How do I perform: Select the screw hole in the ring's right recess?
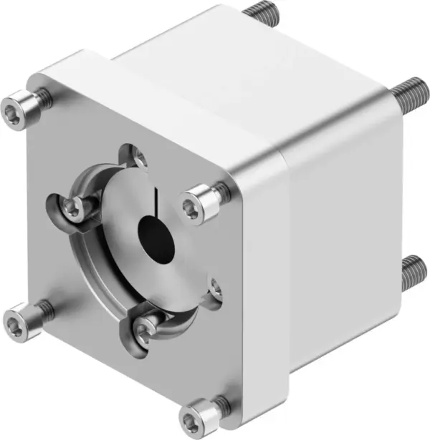click(216, 290)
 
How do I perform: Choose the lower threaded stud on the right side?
click(414, 271)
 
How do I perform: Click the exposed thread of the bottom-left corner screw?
click(44, 309)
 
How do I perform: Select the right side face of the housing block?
click(344, 236)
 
